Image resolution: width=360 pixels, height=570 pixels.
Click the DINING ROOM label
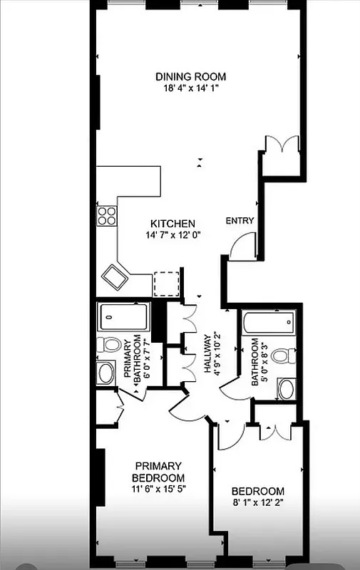[x=191, y=76]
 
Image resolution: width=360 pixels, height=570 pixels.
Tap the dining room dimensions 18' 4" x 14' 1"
[x=191, y=89]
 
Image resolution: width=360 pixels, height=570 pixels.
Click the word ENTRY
[x=240, y=221]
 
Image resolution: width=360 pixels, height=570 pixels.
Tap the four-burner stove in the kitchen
[x=107, y=215]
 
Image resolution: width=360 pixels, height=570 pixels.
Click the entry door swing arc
[x=241, y=247]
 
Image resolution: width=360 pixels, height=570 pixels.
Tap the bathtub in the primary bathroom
[x=123, y=314]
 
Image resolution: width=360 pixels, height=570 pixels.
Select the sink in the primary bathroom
[x=106, y=372]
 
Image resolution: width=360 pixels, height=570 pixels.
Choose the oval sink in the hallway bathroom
[x=286, y=389]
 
